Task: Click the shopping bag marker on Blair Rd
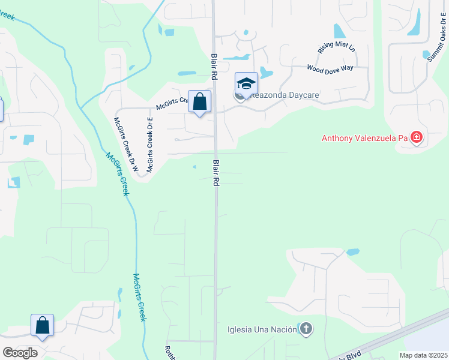(199, 101)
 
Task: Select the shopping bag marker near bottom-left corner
(43, 325)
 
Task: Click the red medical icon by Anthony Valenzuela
(417, 137)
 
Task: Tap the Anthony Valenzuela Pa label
(365, 138)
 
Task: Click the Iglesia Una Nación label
(263, 329)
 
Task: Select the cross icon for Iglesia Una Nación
(306, 328)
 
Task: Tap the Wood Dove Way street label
(330, 68)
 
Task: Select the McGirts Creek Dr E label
(150, 145)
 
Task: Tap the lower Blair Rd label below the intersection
(214, 173)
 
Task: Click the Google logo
(20, 352)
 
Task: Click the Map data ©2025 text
(423, 355)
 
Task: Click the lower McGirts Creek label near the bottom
(139, 297)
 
